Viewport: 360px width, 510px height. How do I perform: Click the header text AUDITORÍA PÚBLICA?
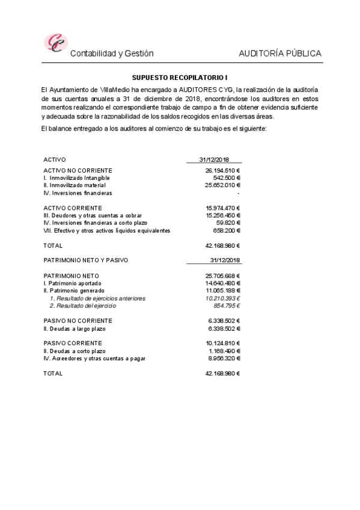point(280,54)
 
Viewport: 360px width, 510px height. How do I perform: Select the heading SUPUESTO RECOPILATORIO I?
point(180,78)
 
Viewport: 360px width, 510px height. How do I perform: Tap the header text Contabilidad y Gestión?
point(112,54)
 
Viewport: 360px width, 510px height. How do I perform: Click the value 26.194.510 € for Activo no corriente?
point(222,171)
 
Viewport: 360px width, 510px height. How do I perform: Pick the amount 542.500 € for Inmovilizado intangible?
point(227,178)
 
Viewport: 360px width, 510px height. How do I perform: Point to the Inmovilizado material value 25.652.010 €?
point(222,185)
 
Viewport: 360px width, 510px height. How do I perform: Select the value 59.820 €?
point(228,223)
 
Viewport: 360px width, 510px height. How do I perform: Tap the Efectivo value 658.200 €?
point(227,230)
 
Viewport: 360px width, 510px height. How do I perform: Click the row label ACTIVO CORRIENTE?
point(69,208)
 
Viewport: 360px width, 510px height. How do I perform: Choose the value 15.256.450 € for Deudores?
point(222,215)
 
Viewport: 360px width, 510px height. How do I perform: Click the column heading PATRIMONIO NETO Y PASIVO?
point(86,260)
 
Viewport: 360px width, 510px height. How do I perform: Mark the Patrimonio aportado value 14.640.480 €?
point(222,283)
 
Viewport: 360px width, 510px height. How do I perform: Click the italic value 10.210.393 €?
point(222,298)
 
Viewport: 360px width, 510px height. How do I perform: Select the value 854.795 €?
point(227,306)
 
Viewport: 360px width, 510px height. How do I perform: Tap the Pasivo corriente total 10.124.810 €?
point(222,343)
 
